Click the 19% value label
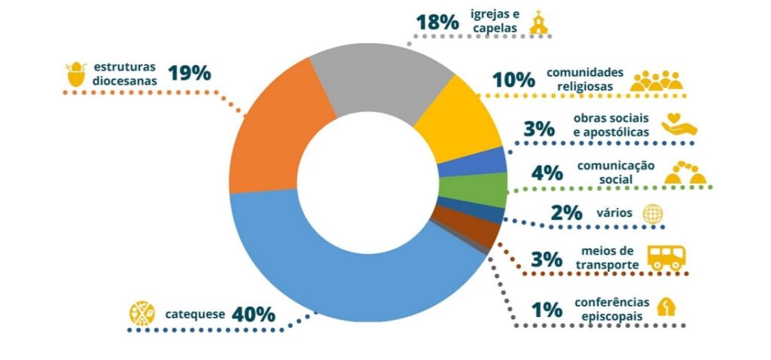189,74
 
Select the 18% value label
437,22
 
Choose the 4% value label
547,172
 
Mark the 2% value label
566,213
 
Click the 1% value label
547,310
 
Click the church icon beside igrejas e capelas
539,22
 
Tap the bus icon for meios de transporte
666,258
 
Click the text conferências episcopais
611,310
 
